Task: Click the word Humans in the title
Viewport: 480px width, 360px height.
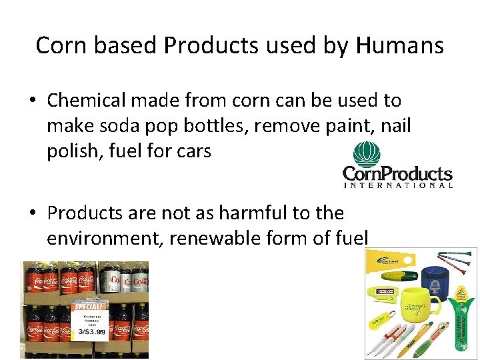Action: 400,45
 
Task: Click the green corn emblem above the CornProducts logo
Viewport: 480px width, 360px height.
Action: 366,154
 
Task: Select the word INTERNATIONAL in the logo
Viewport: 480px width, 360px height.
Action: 397,185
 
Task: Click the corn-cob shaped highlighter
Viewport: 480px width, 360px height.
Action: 399,275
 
